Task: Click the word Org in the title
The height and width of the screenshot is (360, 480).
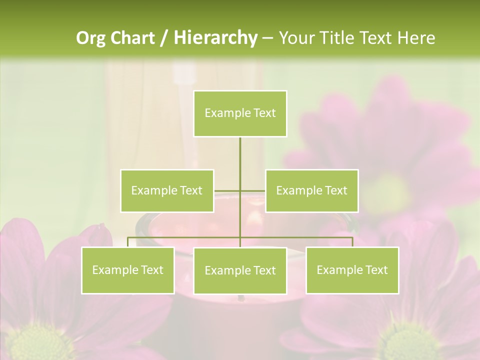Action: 91,38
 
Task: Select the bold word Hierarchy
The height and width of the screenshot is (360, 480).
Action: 215,38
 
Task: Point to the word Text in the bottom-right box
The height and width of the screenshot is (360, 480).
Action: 376,270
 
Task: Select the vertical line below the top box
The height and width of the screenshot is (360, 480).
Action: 240,155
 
